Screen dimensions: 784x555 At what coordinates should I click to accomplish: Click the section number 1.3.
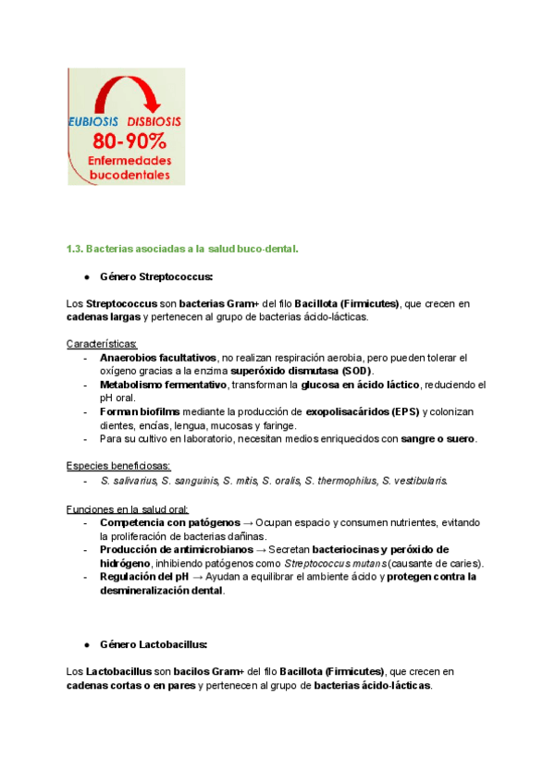(x=75, y=249)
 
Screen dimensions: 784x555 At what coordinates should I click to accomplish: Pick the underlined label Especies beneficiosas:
(x=118, y=466)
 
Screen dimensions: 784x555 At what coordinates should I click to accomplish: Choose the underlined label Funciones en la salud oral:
(x=128, y=509)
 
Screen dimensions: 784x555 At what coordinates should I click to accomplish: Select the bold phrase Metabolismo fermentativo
(x=163, y=385)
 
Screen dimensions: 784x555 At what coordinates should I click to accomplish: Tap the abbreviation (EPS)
(x=401, y=411)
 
